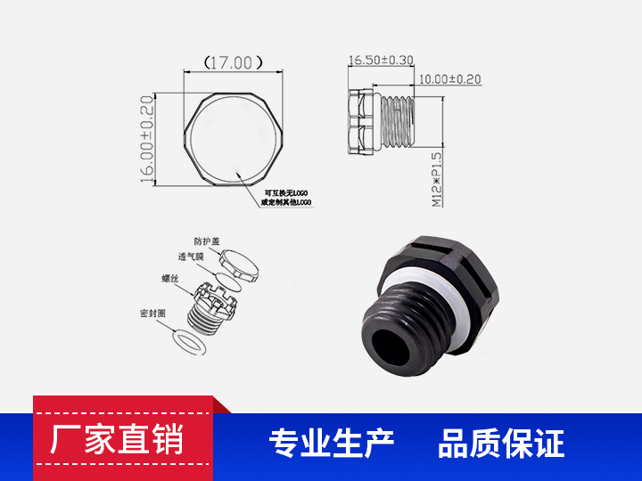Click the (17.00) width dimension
point(234,62)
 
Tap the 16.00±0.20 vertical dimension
point(147,138)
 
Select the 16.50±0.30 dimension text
point(382,61)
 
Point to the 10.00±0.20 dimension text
point(449,79)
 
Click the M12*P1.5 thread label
point(437,178)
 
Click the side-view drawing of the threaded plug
point(382,121)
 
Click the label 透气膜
point(191,257)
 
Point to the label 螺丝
point(171,279)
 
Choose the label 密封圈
point(152,314)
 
